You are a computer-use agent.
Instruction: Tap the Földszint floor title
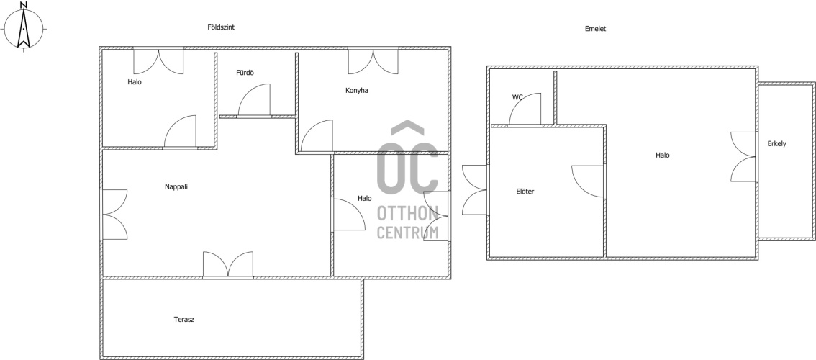[x=221, y=27]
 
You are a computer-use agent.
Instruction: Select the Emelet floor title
[x=595, y=29]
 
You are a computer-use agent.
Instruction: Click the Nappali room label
[x=176, y=186]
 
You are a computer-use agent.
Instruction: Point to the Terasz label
[x=183, y=320]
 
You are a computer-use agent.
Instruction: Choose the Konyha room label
[x=356, y=90]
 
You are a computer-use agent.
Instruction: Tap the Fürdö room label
[x=245, y=73]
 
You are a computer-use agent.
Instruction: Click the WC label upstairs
[x=517, y=97]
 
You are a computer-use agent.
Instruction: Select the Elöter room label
[x=525, y=192]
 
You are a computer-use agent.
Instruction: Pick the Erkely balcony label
[x=776, y=144]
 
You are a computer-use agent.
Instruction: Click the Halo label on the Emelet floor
[x=663, y=155]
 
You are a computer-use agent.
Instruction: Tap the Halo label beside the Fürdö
[x=135, y=82]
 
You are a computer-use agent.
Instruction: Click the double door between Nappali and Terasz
[x=228, y=265]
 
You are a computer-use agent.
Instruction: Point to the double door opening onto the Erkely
[x=743, y=157]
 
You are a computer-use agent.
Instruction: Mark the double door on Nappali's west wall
[x=114, y=215]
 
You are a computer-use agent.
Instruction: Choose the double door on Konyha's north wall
[x=373, y=61]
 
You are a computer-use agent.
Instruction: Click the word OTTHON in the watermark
[x=407, y=213]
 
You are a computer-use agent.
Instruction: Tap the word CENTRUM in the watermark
[x=407, y=233]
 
